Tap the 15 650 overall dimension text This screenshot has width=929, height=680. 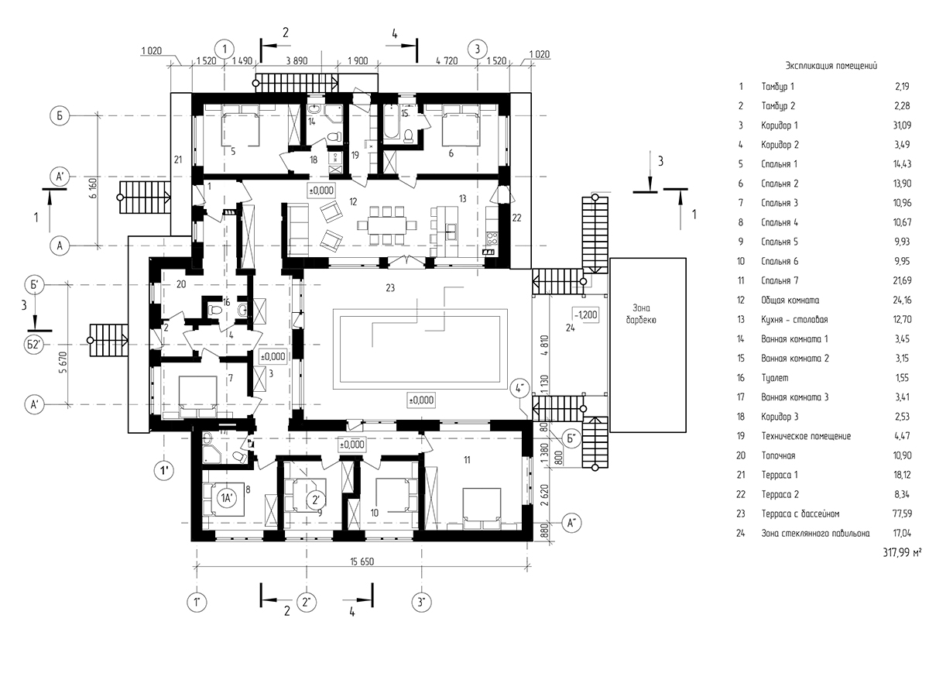362,562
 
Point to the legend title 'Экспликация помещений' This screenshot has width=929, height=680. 831,67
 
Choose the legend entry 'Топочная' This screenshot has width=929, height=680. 780,455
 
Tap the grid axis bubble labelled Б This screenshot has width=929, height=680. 59,115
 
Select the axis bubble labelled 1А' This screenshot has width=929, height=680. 226,499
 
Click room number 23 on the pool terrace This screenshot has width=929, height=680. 390,289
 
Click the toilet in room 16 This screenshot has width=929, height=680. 215,309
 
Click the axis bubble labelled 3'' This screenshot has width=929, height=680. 420,602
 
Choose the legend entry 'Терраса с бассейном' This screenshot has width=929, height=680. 800,513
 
